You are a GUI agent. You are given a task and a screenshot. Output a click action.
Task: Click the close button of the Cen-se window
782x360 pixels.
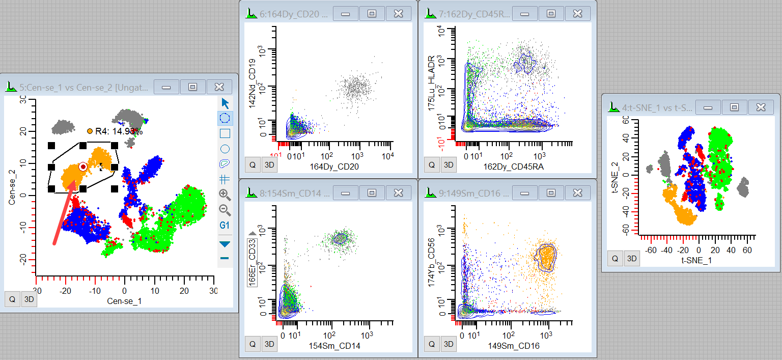pos(219,87)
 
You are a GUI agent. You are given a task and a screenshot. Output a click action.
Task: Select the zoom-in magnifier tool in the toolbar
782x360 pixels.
pos(225,194)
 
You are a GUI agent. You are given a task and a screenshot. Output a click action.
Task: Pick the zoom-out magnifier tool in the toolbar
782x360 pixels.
pos(225,209)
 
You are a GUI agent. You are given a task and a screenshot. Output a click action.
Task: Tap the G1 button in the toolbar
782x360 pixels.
pos(225,225)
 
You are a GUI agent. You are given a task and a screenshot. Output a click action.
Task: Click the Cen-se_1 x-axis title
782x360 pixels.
pos(124,301)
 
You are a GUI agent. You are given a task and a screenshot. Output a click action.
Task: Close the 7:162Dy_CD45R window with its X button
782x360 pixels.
pos(577,14)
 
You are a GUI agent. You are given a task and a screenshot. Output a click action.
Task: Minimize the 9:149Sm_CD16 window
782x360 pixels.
pos(524,192)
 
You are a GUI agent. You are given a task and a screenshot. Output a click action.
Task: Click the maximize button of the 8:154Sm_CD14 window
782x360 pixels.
pos(372,192)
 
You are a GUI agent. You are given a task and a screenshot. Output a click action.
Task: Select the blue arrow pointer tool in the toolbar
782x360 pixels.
pos(225,103)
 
